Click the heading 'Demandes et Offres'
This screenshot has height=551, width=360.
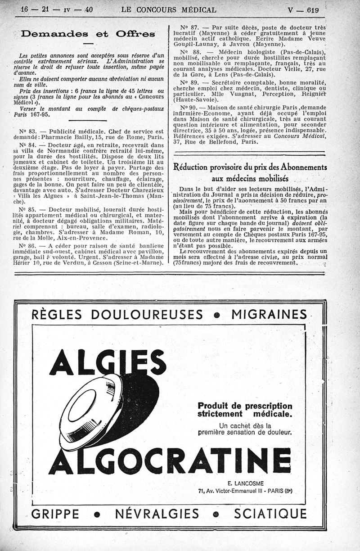[88, 34]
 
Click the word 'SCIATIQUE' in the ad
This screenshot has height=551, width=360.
[270, 514]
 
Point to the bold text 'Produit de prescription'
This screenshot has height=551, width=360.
[245, 406]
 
